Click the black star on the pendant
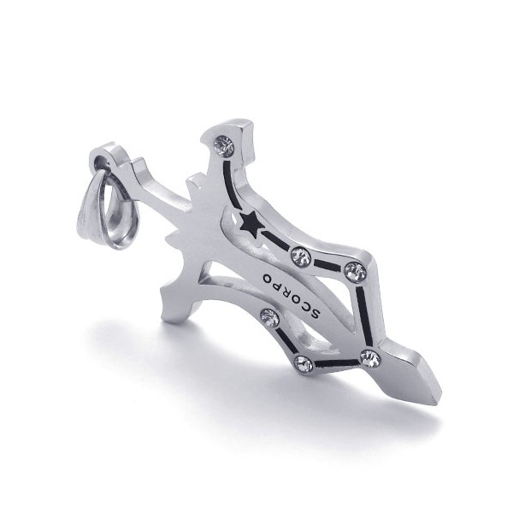(250, 226)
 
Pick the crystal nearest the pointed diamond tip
(370, 359)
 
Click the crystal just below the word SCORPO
(270, 318)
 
